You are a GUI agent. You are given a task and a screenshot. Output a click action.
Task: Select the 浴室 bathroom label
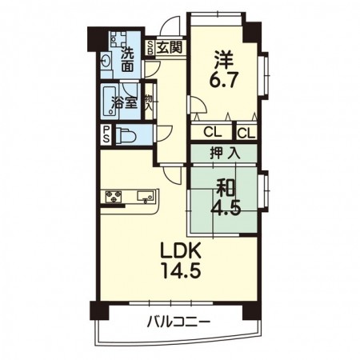pos(122,102)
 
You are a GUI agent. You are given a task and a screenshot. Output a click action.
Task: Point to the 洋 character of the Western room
pos(225,58)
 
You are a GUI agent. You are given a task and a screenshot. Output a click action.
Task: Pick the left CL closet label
pos(212,132)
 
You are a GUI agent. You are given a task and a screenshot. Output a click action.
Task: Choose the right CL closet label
pos(246,132)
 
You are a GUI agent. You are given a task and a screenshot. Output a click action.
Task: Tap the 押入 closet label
pos(224,153)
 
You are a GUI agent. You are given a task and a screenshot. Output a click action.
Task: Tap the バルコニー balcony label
pos(178,323)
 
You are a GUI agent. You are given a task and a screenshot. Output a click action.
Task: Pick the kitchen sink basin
pos(146,196)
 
